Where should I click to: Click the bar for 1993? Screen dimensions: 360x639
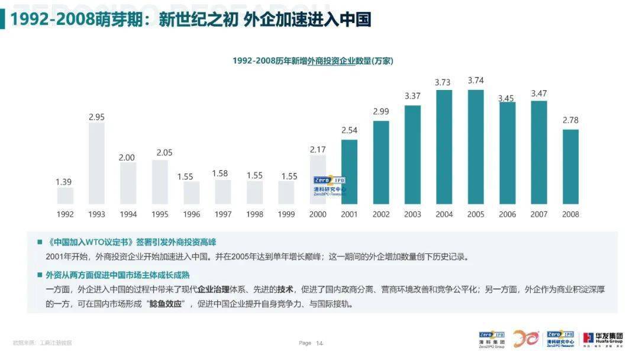click(x=96, y=163)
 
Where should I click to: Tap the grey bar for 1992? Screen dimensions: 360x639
click(x=65, y=196)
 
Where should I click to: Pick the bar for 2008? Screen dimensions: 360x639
click(x=570, y=166)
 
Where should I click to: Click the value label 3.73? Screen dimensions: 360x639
click(x=443, y=82)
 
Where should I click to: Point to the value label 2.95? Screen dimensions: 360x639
click(x=96, y=117)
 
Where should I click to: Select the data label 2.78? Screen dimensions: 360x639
click(x=570, y=120)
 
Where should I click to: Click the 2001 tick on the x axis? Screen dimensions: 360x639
click(x=349, y=214)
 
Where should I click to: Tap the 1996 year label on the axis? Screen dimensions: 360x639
click(x=191, y=214)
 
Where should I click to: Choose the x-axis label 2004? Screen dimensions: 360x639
click(x=444, y=214)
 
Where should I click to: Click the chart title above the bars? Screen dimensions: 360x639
click(x=312, y=61)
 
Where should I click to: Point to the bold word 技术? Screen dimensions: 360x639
click(x=286, y=290)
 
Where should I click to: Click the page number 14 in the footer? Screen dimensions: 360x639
click(x=319, y=343)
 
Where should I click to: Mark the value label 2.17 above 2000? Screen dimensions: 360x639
click(x=318, y=150)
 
